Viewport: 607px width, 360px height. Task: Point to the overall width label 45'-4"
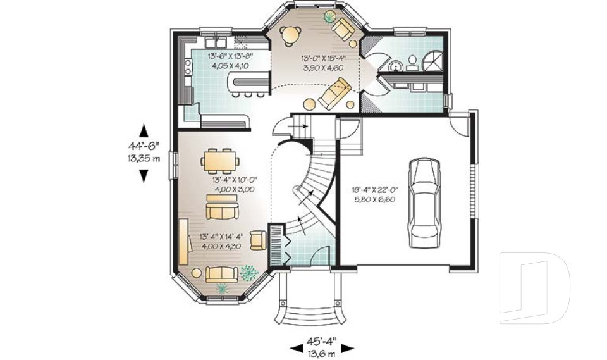pyautogui.click(x=321, y=340)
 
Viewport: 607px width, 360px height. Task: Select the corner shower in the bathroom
pyautogui.click(x=432, y=62)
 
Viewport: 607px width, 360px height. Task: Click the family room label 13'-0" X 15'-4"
pyautogui.click(x=321, y=59)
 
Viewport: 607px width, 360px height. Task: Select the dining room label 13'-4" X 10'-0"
pyautogui.click(x=234, y=183)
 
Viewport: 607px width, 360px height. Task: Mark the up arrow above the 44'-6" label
pyautogui.click(x=144, y=130)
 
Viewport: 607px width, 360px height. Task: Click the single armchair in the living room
pyautogui.click(x=258, y=240)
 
